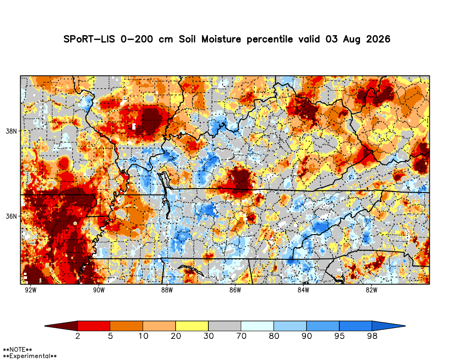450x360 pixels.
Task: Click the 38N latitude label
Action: (11, 131)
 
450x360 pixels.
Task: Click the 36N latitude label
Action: (11, 216)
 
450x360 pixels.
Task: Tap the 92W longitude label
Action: (31, 290)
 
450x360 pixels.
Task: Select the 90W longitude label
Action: (99, 290)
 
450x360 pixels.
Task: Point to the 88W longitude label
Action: (167, 290)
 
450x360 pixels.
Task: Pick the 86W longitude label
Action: (235, 290)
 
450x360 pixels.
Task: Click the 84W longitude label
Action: (303, 290)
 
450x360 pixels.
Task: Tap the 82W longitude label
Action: (371, 290)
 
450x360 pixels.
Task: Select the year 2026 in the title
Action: (378, 39)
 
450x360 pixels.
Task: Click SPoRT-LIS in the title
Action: (89, 39)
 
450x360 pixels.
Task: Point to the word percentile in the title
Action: (270, 40)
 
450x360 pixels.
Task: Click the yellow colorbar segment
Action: (192, 326)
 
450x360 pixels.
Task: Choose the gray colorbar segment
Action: (225, 326)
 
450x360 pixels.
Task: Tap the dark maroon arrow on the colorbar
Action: (61, 326)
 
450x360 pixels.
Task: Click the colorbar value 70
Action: (241, 336)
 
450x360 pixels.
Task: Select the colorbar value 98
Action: (372, 336)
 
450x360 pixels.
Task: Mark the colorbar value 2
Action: (77, 336)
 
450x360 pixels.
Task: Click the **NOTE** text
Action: (17, 350)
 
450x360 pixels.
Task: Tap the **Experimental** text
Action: (30, 356)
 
